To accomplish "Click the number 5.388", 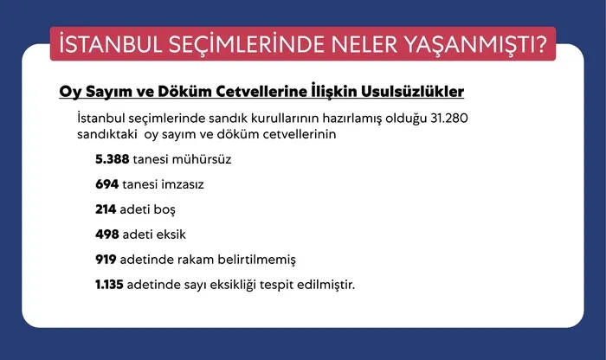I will (x=113, y=160).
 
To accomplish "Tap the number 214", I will (x=106, y=209).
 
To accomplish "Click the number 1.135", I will (x=110, y=284).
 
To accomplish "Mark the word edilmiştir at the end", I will (x=326, y=284).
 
